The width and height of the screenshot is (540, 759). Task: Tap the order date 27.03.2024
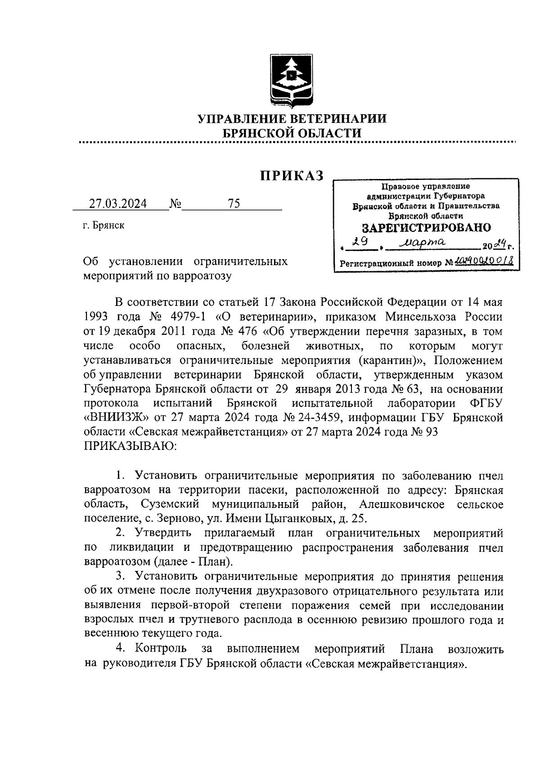[x=117, y=204]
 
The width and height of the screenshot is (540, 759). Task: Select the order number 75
[x=234, y=204]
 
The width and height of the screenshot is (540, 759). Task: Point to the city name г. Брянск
[x=103, y=226]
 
